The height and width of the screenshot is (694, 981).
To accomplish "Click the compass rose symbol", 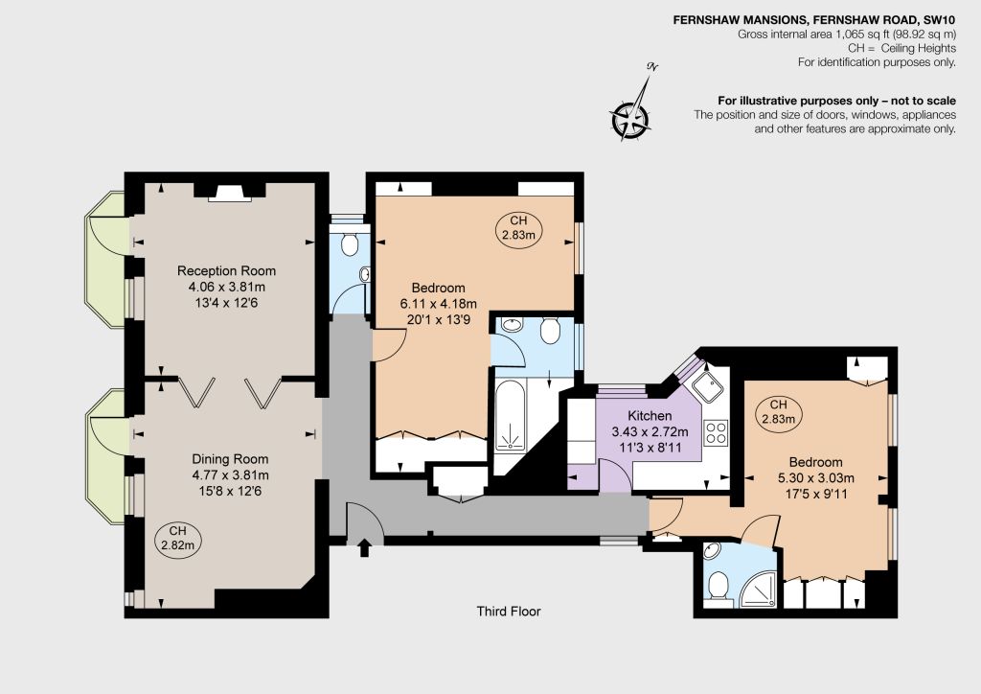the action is pyautogui.click(x=630, y=118).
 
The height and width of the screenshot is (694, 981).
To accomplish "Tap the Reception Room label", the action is pyautogui.click(x=226, y=271).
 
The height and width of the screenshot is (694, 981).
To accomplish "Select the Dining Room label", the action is pyautogui.click(x=230, y=459).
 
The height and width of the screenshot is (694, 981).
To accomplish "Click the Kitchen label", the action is pyautogui.click(x=650, y=415).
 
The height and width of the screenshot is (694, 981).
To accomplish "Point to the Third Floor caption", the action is pyautogui.click(x=508, y=612).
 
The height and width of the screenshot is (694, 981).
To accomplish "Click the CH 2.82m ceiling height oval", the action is pyautogui.click(x=177, y=538).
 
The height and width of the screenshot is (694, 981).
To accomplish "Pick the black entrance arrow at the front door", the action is pyautogui.click(x=364, y=549).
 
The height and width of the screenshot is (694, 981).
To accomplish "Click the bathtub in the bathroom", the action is pyautogui.click(x=512, y=417).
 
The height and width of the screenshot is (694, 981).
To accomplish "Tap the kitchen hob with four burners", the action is pyautogui.click(x=716, y=432).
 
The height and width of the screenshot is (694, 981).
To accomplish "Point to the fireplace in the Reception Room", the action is pyautogui.click(x=229, y=192).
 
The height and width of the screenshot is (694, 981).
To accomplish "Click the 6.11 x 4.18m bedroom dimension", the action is pyautogui.click(x=438, y=304).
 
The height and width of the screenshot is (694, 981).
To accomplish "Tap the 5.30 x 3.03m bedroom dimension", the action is pyautogui.click(x=816, y=478).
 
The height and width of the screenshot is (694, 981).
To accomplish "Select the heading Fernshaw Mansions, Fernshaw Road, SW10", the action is pyautogui.click(x=814, y=20).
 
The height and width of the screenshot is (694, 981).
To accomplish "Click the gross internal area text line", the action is pyautogui.click(x=847, y=35).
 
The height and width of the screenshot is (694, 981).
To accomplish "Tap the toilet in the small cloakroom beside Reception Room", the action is pyautogui.click(x=350, y=244).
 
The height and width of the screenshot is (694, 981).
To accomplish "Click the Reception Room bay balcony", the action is pyautogui.click(x=107, y=259).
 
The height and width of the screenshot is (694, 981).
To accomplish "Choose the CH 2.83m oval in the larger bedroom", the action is pyautogui.click(x=518, y=228).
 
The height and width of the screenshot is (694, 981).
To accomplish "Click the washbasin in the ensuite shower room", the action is pyautogui.click(x=712, y=550).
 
